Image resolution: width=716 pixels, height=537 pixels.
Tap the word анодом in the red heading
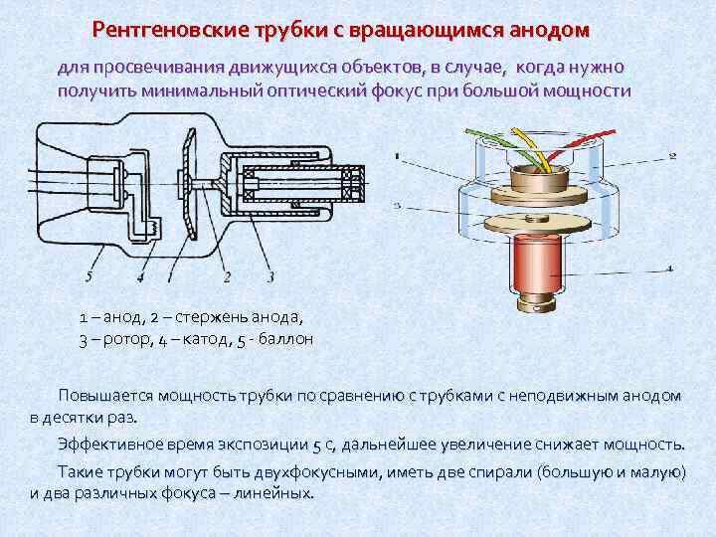click(549, 30)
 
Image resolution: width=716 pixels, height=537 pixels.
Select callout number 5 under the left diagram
click(89, 275)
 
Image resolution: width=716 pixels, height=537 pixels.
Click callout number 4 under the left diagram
click(140, 275)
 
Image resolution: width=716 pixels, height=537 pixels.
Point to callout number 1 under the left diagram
click(170, 275)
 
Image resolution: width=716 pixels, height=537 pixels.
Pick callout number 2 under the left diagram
click(227, 275)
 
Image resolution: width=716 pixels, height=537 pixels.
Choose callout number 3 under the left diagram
click(270, 275)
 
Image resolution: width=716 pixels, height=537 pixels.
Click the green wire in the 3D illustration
click(502, 145)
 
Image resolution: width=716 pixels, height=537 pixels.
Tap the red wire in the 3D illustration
click(580, 147)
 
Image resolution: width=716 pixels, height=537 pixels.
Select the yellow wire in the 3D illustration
click(530, 148)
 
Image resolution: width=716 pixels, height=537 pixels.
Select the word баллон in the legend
click(285, 339)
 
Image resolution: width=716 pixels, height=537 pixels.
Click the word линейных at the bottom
click(273, 493)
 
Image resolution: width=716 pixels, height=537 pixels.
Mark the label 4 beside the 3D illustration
click(670, 269)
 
